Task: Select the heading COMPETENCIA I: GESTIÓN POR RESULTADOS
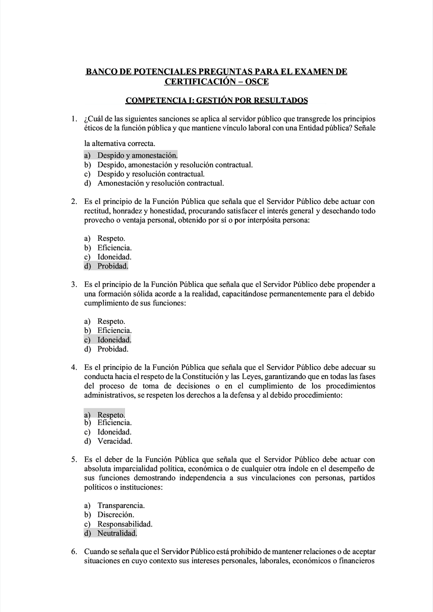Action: click(x=216, y=101)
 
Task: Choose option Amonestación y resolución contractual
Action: click(x=161, y=183)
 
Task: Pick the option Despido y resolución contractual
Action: click(x=151, y=174)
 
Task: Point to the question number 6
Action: click(x=74, y=552)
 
